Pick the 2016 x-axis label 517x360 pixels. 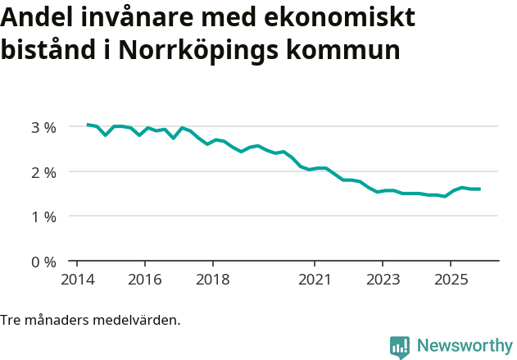point(144,279)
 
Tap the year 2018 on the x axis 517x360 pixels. point(212,279)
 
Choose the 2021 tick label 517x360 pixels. point(314,279)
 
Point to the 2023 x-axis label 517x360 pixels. point(382,279)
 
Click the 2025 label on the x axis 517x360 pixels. point(450,279)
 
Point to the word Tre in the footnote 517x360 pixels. point(11,320)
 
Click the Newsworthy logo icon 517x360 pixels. point(400,346)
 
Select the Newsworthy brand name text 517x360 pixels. point(464,346)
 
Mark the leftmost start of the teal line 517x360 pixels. point(87,125)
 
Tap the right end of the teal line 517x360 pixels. point(480,189)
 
